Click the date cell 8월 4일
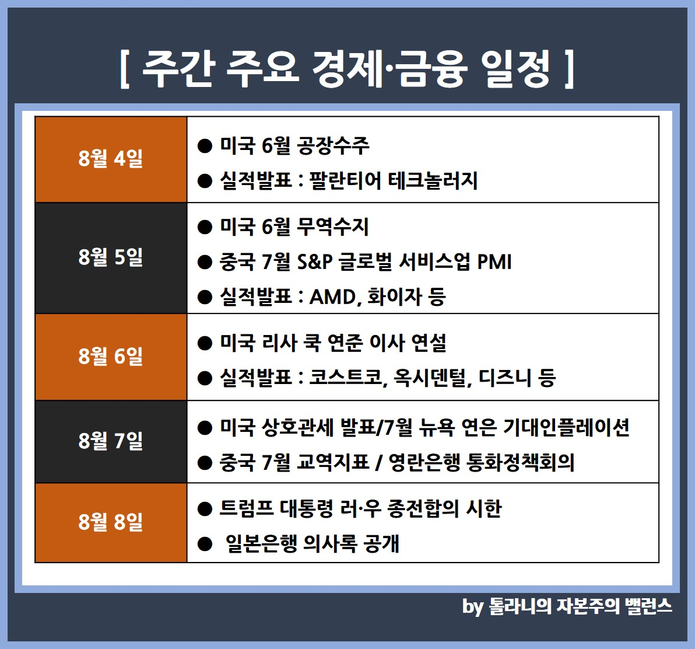[x=111, y=159]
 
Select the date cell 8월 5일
[x=111, y=258]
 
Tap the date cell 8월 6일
[x=111, y=357]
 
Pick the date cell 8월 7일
[x=111, y=441]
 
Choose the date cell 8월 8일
[x=111, y=522]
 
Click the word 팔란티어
[x=345, y=180]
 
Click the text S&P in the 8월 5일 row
[x=315, y=261]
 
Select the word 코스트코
[x=346, y=378]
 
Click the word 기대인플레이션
[x=567, y=428]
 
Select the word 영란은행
[x=424, y=463]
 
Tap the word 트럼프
[x=247, y=509]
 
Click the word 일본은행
[x=261, y=543]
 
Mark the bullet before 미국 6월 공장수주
[x=205, y=146]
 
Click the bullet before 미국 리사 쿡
[x=205, y=343]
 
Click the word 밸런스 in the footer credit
[x=648, y=606]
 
